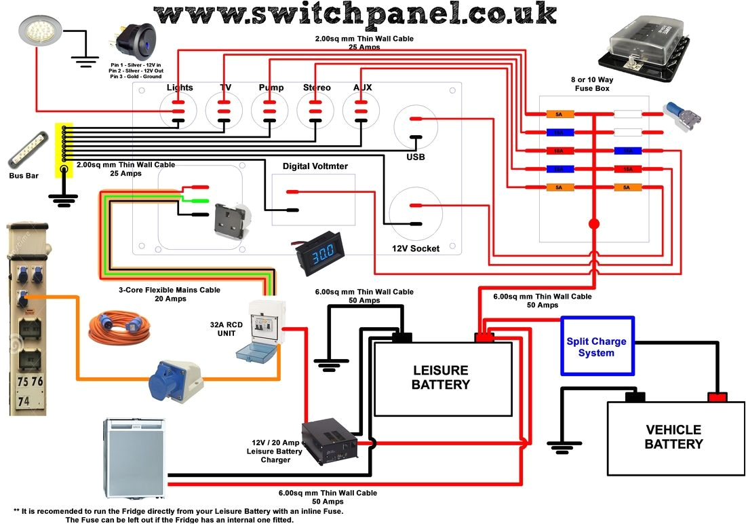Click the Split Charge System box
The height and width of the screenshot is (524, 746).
point(597,346)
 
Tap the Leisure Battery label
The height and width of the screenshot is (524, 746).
point(441,377)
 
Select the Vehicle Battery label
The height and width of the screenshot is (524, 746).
point(673,437)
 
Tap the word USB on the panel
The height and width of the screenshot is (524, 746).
point(416,157)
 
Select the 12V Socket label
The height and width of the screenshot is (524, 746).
point(416,248)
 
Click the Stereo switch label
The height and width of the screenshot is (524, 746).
point(317,88)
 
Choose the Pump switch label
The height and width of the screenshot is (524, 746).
point(271,88)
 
